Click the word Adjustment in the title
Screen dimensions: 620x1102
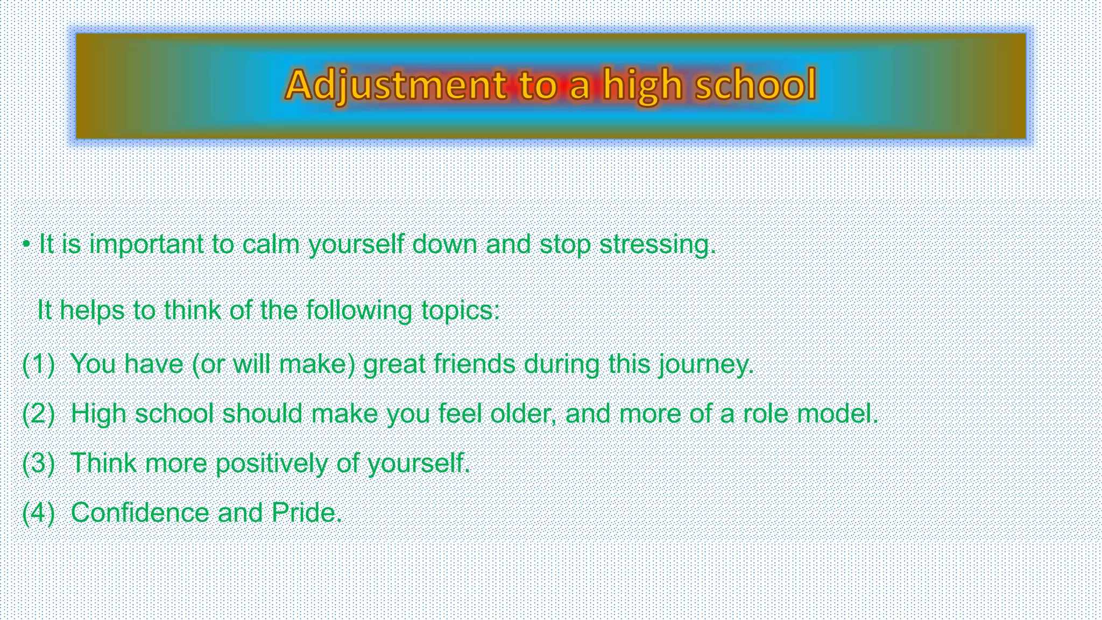[396, 85]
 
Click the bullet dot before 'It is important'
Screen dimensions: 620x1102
[26, 245]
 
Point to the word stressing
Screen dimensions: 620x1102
[657, 245]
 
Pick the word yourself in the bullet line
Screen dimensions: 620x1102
[356, 245]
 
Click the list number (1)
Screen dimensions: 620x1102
[39, 364]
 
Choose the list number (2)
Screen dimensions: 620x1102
[39, 414]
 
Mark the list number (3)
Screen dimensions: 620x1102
[39, 463]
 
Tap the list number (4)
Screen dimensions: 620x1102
[39, 513]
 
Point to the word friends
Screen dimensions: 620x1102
[475, 364]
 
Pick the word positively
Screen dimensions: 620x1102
[271, 464]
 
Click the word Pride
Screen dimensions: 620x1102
[306, 512]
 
